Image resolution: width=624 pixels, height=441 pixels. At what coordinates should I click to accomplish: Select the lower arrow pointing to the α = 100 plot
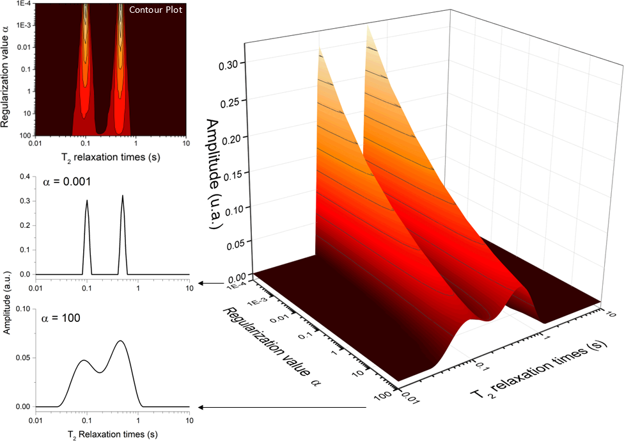tap(281, 406)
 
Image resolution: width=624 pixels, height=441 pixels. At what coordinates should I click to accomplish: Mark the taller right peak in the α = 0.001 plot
tap(123, 197)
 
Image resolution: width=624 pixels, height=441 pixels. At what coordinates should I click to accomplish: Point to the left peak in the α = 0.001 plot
tap(87, 202)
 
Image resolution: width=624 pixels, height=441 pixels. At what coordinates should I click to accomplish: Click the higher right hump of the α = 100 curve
tap(120, 342)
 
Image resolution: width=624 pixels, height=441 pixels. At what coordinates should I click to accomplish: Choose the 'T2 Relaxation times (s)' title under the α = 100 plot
tap(102, 433)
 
